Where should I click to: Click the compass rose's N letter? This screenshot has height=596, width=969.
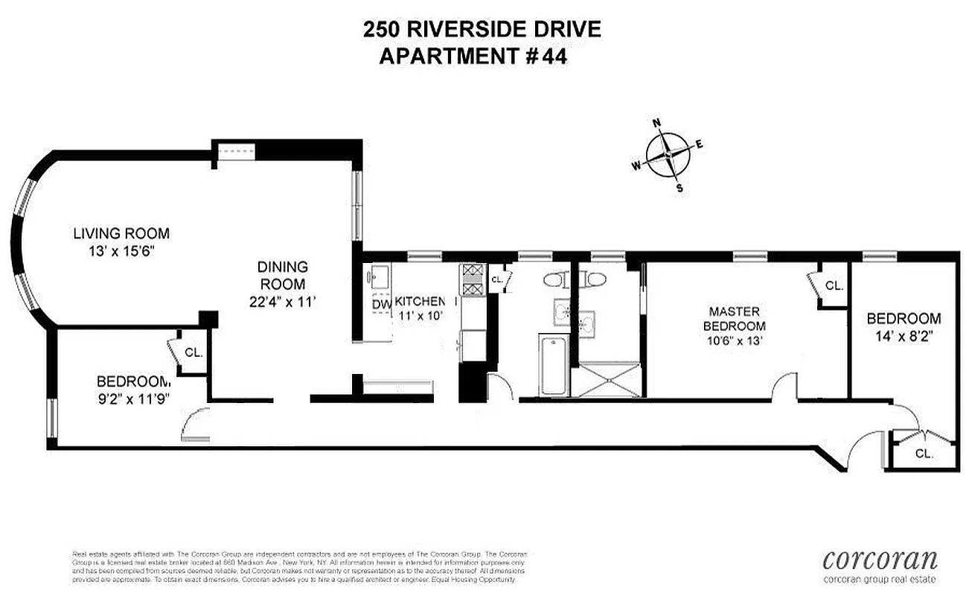[657, 124]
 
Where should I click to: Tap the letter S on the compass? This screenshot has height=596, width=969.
[679, 188]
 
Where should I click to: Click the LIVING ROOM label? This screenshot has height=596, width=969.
[121, 233]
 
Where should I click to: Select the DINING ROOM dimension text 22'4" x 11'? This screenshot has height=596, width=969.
[282, 302]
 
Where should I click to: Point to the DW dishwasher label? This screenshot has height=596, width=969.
[381, 305]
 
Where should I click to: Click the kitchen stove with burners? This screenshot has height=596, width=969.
[472, 281]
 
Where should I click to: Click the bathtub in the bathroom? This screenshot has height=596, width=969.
[554, 366]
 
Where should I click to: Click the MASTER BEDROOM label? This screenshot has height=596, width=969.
[737, 319]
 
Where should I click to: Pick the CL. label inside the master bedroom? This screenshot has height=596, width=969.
[834, 285]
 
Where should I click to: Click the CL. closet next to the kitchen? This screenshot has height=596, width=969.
[496, 279]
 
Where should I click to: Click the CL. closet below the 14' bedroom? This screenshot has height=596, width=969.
[924, 453]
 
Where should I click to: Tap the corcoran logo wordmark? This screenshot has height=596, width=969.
[880, 559]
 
